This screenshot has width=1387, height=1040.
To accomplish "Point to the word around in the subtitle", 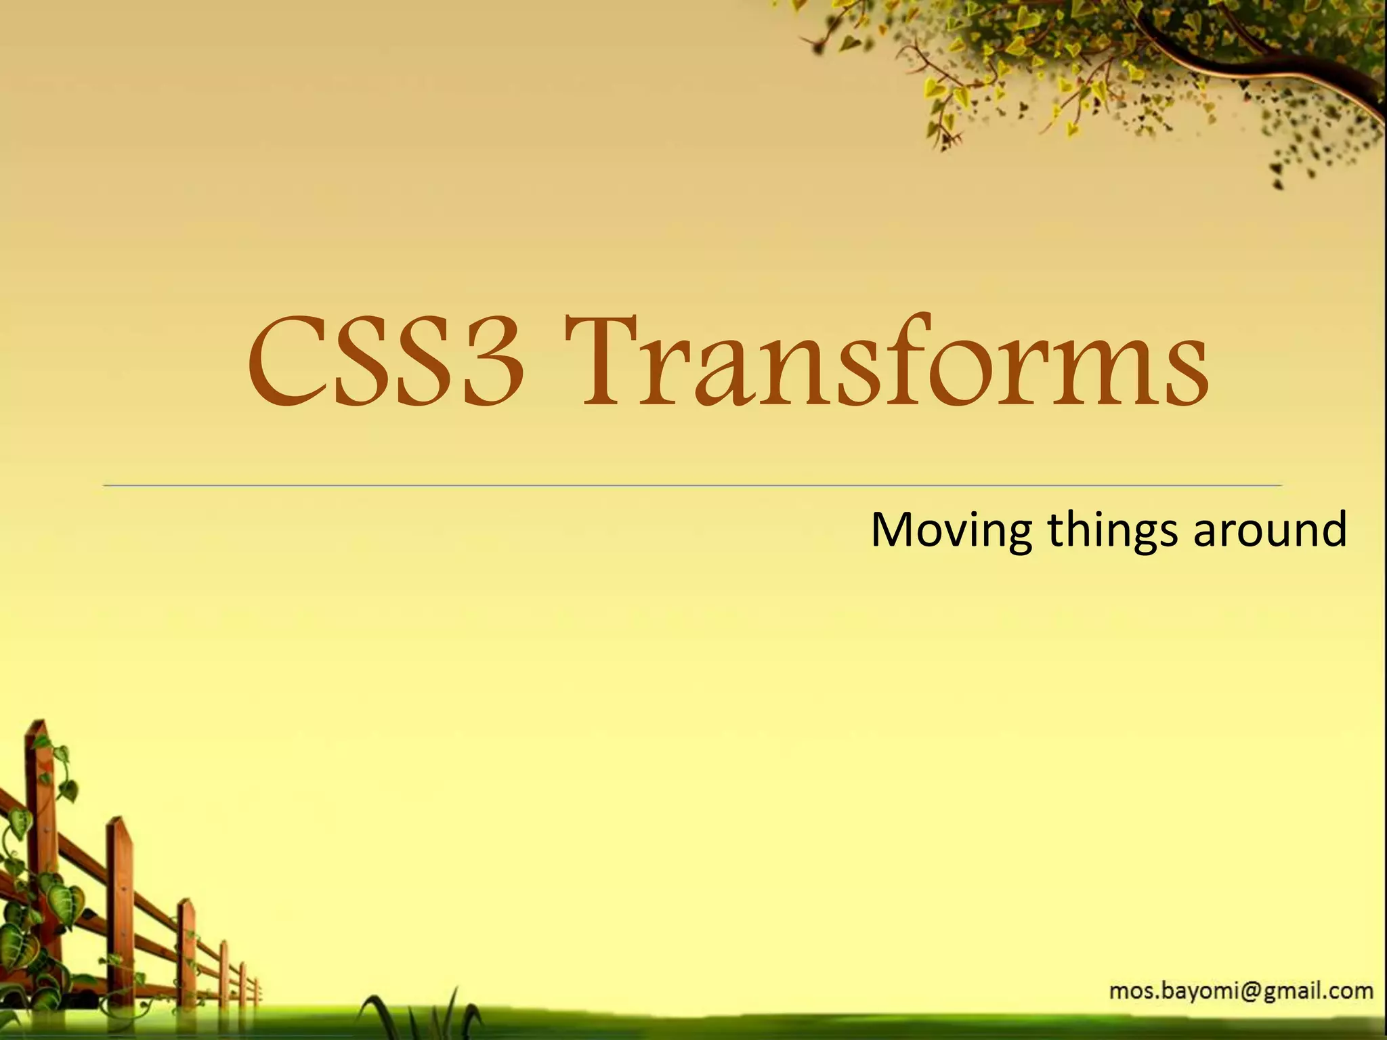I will point(1269,530).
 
